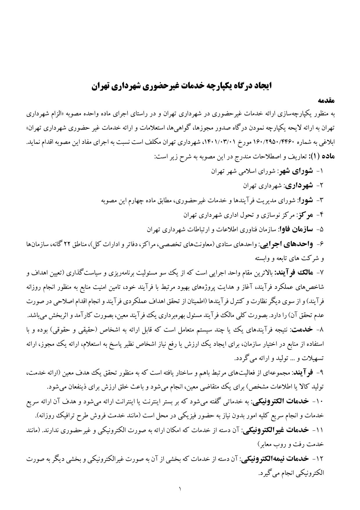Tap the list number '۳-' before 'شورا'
point(319,200)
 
